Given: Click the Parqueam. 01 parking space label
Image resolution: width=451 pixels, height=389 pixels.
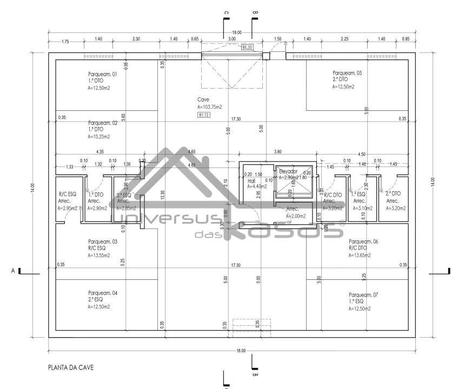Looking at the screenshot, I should tap(102, 73).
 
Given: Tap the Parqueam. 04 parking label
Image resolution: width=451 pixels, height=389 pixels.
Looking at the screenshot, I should tap(102, 293).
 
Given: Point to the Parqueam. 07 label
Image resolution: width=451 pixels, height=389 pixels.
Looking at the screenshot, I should tap(363, 295).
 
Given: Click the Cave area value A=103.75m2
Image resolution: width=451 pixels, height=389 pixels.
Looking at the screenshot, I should tap(210, 108).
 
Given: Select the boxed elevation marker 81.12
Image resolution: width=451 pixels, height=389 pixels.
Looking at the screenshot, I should tap(204, 115).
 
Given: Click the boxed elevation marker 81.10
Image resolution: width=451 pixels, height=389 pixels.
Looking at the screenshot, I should tap(248, 48).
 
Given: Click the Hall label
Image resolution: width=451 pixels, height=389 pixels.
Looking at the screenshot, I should tap(251, 182).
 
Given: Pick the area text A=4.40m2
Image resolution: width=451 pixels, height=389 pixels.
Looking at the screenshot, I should tap(257, 187).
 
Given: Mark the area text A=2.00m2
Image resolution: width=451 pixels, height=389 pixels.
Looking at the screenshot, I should tap(296, 216).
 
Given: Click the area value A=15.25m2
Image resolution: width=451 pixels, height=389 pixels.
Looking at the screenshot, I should tap(99, 137).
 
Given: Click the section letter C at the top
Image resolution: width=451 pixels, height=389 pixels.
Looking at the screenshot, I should tap(227, 14).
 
